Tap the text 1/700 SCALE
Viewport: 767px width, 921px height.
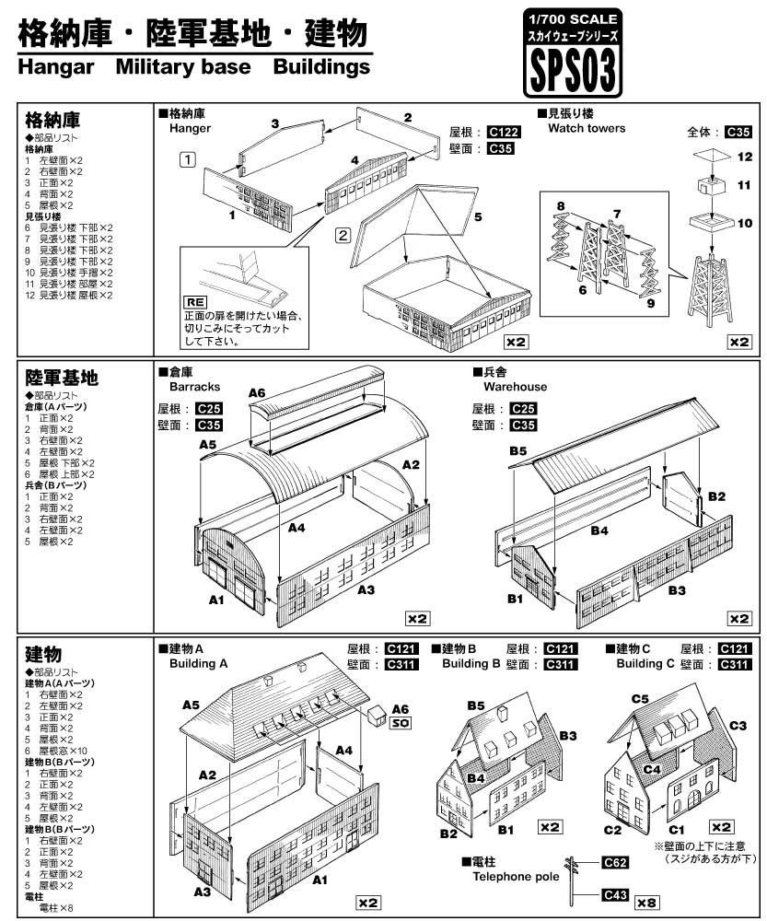572,18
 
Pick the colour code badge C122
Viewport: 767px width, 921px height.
504,132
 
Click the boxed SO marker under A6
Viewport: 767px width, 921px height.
400,723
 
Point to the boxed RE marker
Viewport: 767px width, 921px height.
195,301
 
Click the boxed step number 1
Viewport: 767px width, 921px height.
187,158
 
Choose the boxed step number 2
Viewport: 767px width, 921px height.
342,234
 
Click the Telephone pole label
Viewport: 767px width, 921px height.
515,877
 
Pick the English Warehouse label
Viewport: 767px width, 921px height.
509,387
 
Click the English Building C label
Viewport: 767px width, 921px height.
646,663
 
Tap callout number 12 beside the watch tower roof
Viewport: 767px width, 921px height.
745,157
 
